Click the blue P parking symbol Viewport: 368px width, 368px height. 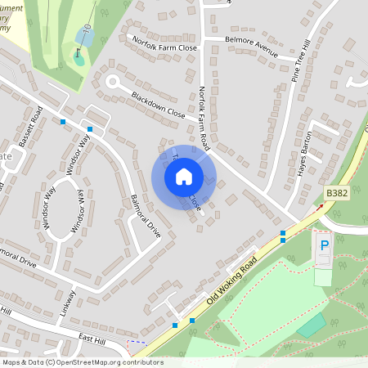tap(324, 244)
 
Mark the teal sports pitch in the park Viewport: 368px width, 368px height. tap(311, 325)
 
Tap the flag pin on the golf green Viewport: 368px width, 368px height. tap(79, 56)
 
